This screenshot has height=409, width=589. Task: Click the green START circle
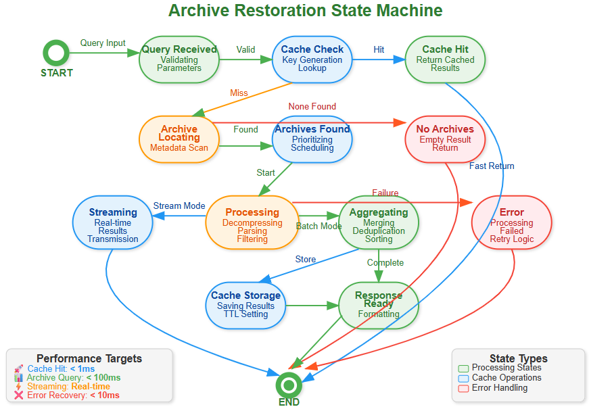55,53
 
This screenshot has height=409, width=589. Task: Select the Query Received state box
179,59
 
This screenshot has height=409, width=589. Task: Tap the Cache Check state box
312,59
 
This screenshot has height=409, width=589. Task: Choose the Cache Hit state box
445,59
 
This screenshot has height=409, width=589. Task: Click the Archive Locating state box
179,139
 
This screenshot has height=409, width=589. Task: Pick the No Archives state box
445,139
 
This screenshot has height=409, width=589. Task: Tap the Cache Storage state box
245,305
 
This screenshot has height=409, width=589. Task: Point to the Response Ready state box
378,305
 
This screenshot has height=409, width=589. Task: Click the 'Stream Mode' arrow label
179,206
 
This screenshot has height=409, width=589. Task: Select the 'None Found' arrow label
312,106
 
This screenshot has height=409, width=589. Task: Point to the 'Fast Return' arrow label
492,166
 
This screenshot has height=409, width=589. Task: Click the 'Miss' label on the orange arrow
239,93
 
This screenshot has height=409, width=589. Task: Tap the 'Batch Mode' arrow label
319,226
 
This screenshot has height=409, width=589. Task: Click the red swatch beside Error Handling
463,388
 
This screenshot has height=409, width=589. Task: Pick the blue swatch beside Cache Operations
463,378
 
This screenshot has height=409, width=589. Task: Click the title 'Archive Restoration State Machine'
305,11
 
